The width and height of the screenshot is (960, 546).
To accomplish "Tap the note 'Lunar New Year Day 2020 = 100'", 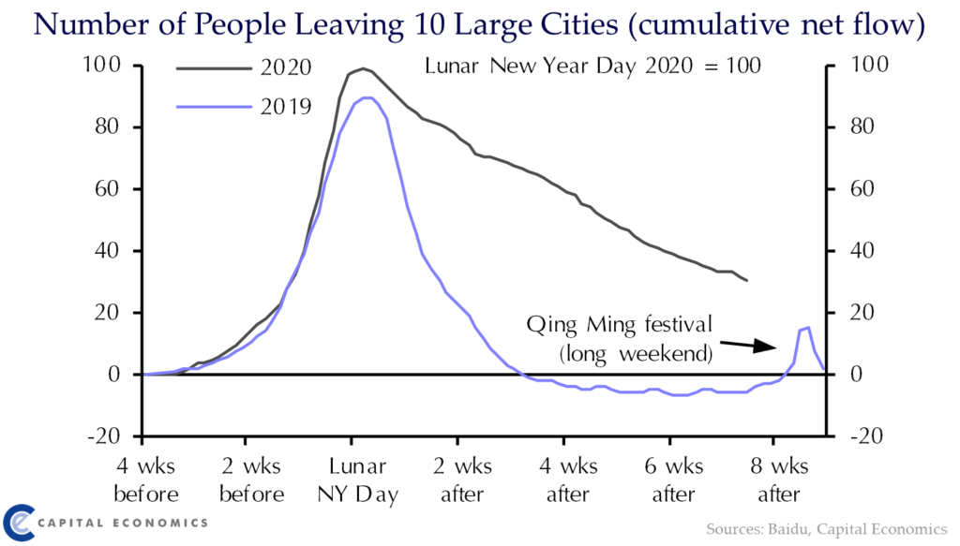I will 592,67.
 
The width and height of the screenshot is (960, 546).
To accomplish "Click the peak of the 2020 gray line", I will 362,68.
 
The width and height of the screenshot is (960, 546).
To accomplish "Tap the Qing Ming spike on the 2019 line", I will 806,328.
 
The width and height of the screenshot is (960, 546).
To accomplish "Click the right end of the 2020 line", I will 746,280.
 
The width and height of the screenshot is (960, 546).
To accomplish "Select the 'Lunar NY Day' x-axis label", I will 352,480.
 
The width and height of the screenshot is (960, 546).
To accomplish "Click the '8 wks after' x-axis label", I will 777,480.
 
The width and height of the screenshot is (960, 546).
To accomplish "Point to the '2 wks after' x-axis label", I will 459,480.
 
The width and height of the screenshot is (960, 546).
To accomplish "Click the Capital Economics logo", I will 103,521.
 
